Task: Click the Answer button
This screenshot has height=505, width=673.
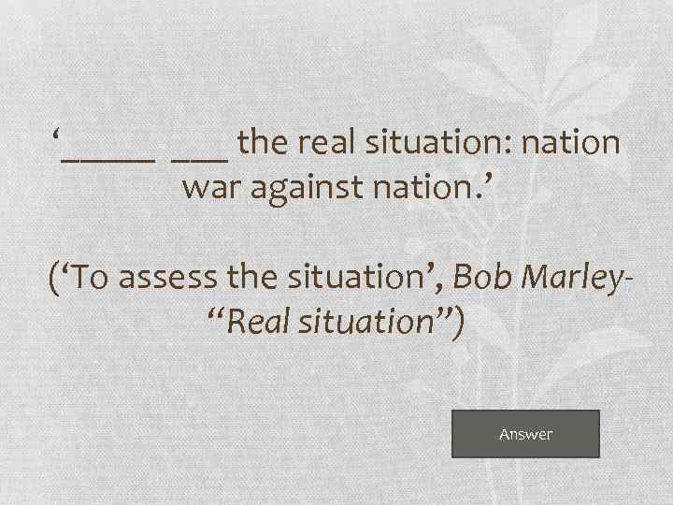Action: pos(525,434)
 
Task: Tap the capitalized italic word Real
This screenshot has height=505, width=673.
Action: pos(253,322)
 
